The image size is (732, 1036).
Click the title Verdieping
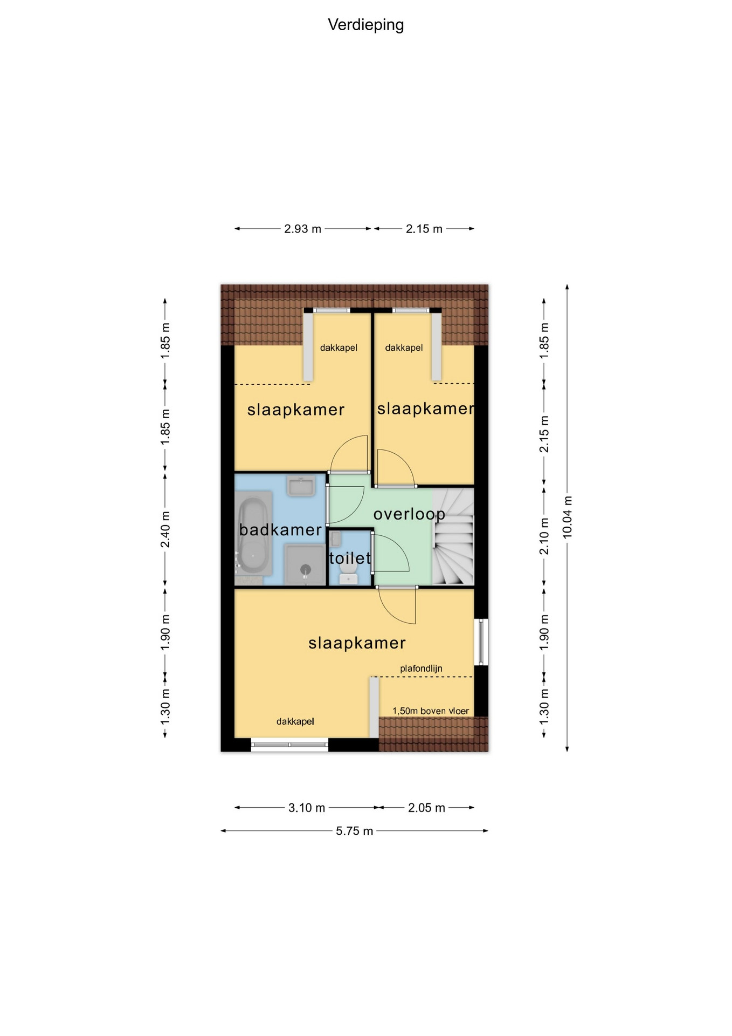click(365, 25)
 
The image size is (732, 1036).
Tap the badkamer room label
click(280, 530)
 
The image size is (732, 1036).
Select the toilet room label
click(350, 558)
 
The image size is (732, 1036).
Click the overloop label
click(409, 515)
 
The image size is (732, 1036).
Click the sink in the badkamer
click(301, 486)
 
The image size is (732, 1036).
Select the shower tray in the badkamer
click(305, 565)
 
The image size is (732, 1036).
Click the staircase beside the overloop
click(453, 536)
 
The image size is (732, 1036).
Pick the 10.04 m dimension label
click(567, 517)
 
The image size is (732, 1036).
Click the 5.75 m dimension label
click(355, 831)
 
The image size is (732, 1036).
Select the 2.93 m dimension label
click(302, 229)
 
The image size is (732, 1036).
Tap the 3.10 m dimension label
click(307, 808)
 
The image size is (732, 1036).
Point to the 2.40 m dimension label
click(165, 529)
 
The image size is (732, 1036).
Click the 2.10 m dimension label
click(544, 536)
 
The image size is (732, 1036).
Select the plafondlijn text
click(421, 669)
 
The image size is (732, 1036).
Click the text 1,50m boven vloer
click(431, 711)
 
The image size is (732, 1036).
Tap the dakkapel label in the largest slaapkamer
click(295, 721)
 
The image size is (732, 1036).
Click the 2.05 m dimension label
click(426, 808)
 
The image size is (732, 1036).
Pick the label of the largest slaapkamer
click(357, 643)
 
